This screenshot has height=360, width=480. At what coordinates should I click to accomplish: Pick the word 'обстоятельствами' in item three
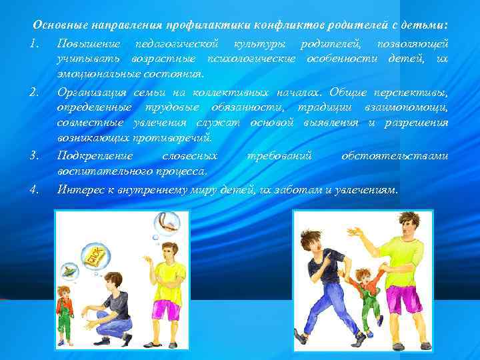(x=395, y=156)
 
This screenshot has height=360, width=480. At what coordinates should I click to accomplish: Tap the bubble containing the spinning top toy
(x=69, y=272)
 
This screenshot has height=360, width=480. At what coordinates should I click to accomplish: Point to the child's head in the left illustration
(x=65, y=291)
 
